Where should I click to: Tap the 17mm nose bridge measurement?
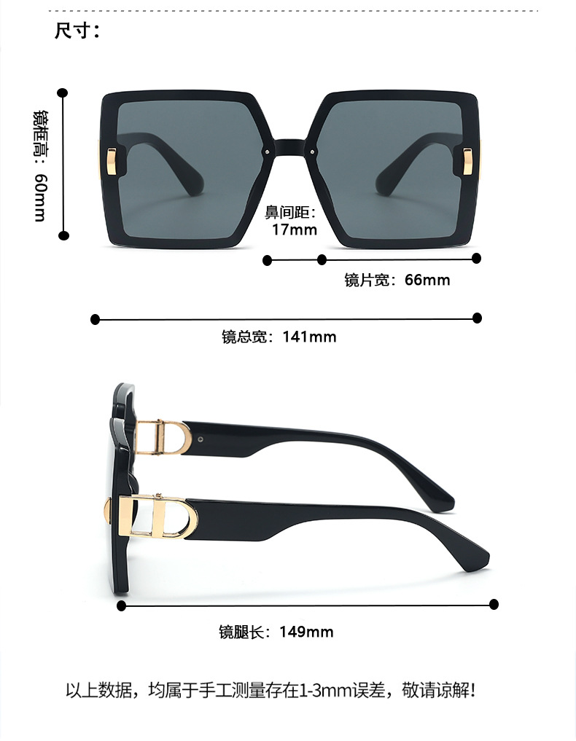click(295, 230)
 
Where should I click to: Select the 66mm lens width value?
click(427, 280)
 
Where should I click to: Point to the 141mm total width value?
click(309, 337)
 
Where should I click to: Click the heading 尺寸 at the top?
click(76, 31)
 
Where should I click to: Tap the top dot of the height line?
click(63, 93)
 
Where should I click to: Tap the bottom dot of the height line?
click(63, 235)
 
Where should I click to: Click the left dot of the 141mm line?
click(95, 319)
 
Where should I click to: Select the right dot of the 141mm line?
click(478, 318)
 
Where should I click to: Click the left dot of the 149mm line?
click(122, 605)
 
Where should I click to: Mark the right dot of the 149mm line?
click(494, 604)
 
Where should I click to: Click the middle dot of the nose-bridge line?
click(322, 259)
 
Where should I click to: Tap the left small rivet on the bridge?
click(267, 152)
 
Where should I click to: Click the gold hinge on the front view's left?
click(111, 161)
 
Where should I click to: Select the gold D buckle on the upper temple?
click(163, 436)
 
